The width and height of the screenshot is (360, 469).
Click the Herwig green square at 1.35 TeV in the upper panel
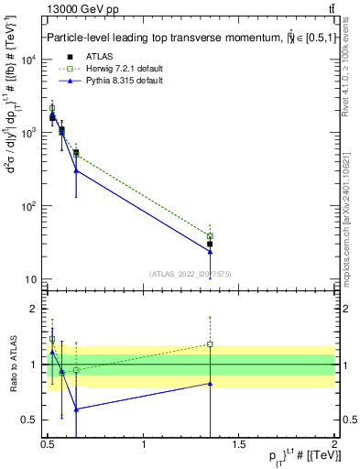point(210,236)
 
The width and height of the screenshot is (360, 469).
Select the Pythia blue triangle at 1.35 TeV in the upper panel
point(210,251)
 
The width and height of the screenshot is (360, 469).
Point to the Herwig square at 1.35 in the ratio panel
point(210,344)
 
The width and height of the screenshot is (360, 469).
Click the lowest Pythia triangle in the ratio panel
point(76,409)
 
